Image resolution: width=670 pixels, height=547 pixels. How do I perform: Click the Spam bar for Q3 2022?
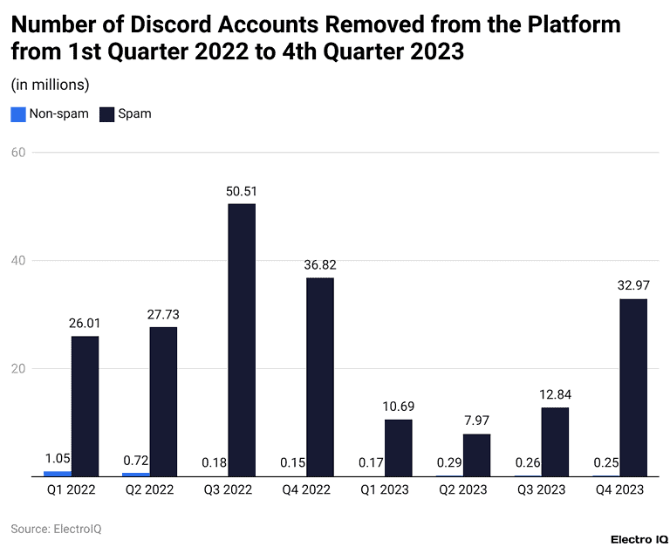pyautogui.click(x=242, y=340)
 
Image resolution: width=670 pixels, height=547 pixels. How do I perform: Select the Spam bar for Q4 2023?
pyautogui.click(x=633, y=387)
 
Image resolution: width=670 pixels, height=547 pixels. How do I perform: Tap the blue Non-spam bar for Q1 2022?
pyautogui.click(x=58, y=474)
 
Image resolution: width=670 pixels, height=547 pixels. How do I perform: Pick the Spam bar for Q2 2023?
pyautogui.click(x=476, y=455)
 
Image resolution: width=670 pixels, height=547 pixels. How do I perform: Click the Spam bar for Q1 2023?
pyautogui.click(x=398, y=448)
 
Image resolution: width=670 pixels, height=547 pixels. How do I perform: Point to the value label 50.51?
pyautogui.click(x=242, y=191)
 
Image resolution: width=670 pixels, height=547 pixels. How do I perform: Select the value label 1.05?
pyautogui.click(x=58, y=458)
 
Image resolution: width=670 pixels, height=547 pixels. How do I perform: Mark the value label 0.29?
pyautogui.click(x=449, y=462)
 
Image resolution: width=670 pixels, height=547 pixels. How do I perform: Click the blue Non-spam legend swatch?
pyautogui.click(x=17, y=113)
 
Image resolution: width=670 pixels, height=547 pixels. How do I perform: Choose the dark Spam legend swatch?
pyautogui.click(x=106, y=113)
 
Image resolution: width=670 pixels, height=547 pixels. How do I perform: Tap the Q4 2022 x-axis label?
pyautogui.click(x=306, y=490)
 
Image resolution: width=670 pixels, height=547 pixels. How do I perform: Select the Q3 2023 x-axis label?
pyautogui.click(x=541, y=490)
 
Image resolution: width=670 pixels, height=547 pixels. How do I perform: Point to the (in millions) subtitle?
pyautogui.click(x=50, y=85)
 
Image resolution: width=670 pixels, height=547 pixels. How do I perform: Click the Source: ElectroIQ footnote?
pyautogui.click(x=56, y=529)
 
